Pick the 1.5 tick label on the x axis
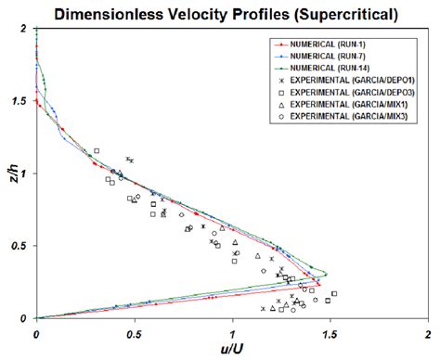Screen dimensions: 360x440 click(x=328, y=331)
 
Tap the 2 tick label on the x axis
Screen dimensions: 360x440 click(x=426, y=331)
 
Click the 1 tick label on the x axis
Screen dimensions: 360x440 click(x=231, y=331)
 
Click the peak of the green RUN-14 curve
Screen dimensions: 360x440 click(x=326, y=273)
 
